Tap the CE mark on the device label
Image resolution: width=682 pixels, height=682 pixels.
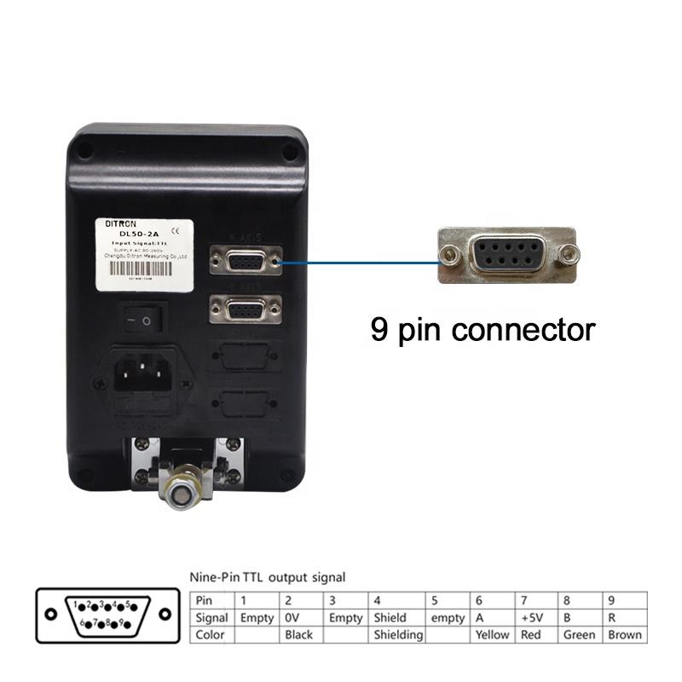coord(175,228)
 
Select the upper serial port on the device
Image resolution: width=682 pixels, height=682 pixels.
coord(245,262)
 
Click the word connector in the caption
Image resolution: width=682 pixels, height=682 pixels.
coord(522,328)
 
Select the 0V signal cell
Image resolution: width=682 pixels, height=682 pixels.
coord(294,617)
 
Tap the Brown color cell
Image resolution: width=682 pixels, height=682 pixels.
coord(624,634)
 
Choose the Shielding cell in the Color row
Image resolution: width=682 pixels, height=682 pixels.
coord(397,634)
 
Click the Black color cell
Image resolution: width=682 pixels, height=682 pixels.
coord(299,634)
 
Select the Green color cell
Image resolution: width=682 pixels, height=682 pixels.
coord(580,634)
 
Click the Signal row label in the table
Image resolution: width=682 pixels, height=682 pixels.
coord(211,617)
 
